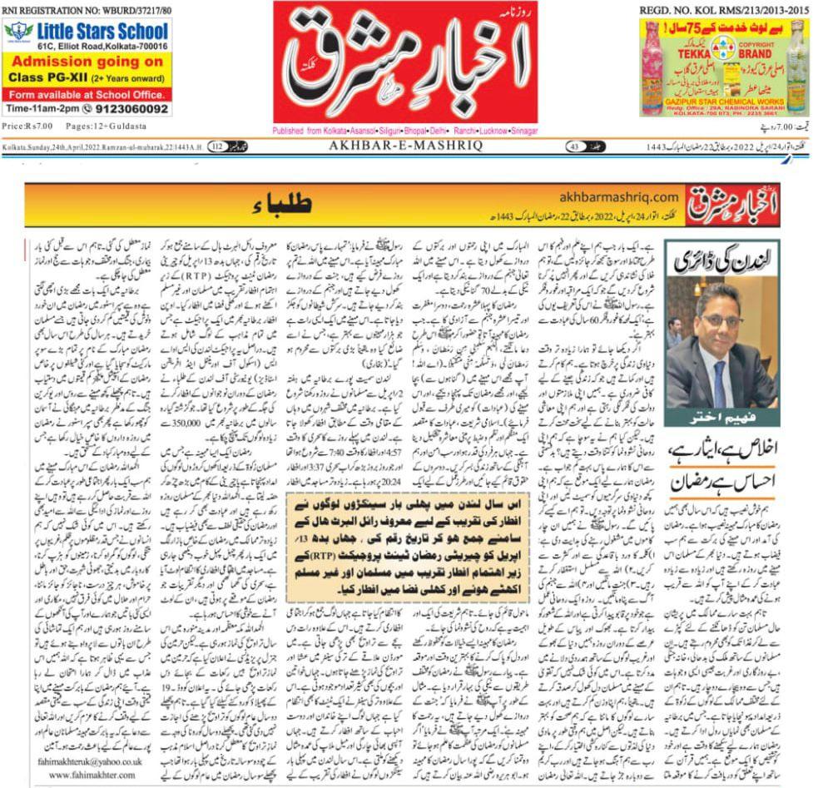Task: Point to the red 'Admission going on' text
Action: (x=87, y=62)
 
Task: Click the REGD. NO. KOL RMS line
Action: (x=724, y=9)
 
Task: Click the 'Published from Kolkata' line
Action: (x=406, y=131)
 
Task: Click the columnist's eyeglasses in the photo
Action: (x=721, y=320)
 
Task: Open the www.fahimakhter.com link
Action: (x=82, y=775)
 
